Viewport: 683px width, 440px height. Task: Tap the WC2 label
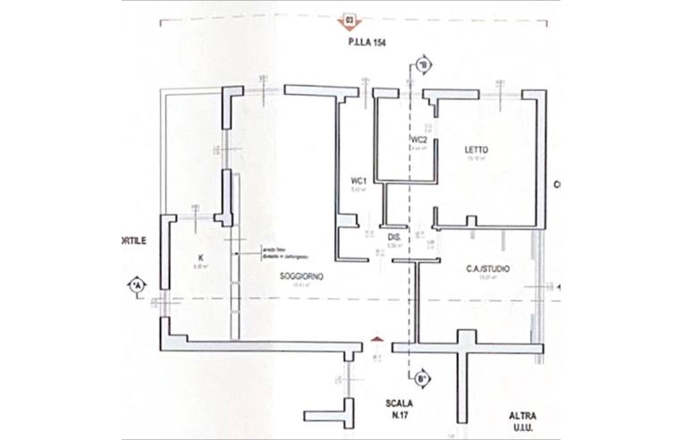[418, 140]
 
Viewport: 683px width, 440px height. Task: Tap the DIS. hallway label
[392, 236]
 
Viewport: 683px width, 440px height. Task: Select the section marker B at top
[423, 64]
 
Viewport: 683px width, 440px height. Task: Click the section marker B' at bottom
[422, 378]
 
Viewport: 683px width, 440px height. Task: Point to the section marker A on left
[136, 285]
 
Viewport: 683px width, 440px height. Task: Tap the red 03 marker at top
[349, 18]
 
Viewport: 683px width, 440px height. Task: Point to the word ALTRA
[524, 416]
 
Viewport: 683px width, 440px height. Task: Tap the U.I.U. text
[524, 430]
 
